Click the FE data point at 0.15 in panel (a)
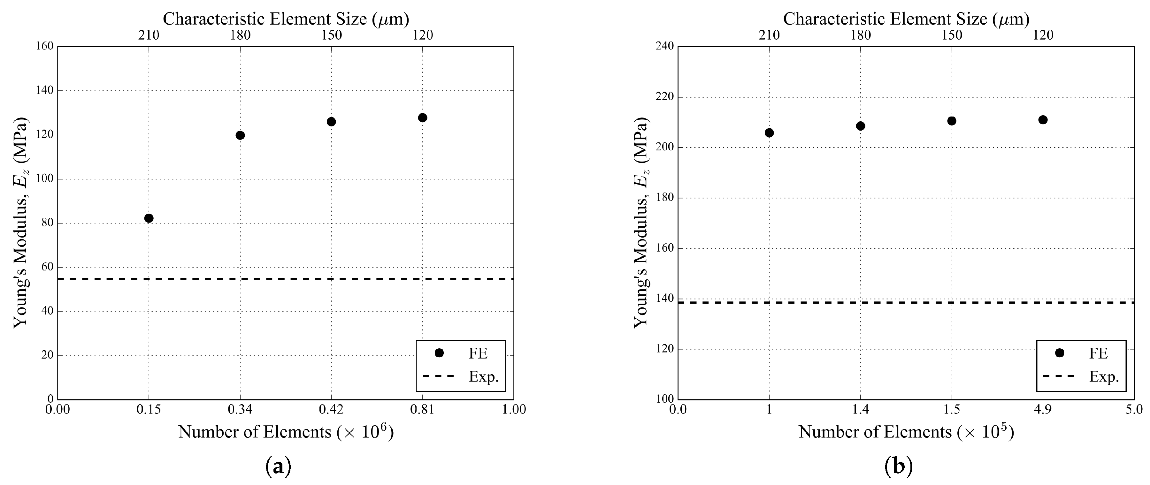point(149,218)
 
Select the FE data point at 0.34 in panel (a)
point(240,135)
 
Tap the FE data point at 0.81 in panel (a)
point(422,118)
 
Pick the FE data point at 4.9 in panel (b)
point(1043,120)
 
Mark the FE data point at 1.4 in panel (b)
point(860,126)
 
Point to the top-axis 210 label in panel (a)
point(149,35)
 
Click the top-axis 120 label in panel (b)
point(1043,35)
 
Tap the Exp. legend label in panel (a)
point(484,377)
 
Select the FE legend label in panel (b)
point(1098,353)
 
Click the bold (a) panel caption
point(278,467)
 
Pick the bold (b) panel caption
point(899,467)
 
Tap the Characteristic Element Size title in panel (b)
point(906,19)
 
